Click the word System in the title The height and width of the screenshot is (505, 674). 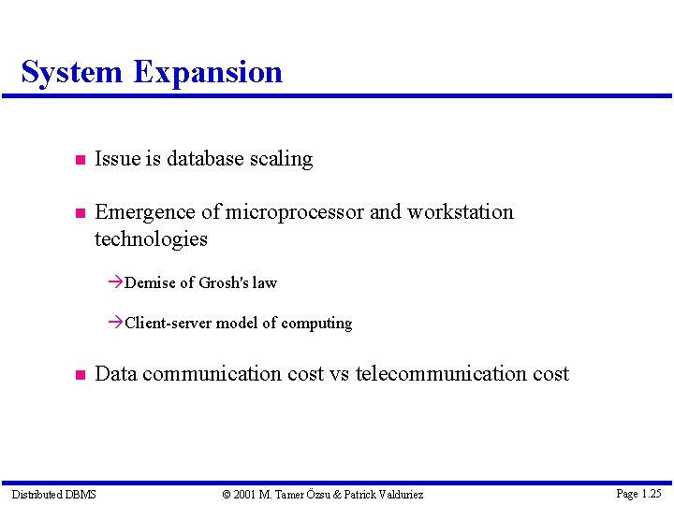coord(71,72)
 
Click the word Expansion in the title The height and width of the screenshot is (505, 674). coord(207,72)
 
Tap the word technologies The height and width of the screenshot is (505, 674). coord(151,239)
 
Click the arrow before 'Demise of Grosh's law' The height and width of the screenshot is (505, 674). coord(115,282)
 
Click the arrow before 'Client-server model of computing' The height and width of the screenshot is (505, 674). coord(115,323)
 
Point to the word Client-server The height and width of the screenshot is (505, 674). coord(168,323)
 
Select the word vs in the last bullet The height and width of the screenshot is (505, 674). coord(339,374)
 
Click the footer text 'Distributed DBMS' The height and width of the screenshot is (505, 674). coord(53,494)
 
